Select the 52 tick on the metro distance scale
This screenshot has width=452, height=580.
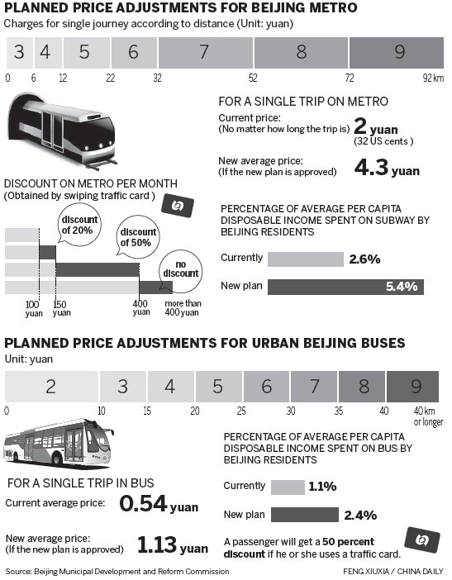253,77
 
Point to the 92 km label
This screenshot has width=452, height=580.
433,77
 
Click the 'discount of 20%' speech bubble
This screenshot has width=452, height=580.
81,218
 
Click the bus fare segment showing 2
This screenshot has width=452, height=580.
51,386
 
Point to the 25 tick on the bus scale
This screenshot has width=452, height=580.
241,410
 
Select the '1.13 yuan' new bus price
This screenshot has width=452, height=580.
172,546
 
